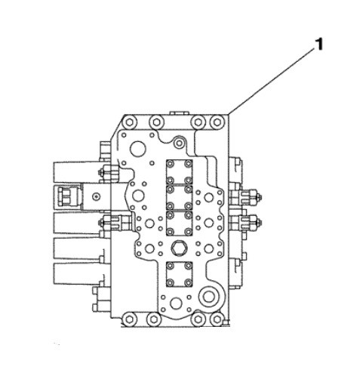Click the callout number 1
pyautogui.click(x=318, y=45)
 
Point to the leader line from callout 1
pyautogui.click(x=272, y=82)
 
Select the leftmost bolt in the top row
pyautogui.click(x=129, y=122)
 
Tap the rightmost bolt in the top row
pyautogui.click(x=217, y=122)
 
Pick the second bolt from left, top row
pyautogui.click(x=156, y=122)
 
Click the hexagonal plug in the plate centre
pyautogui.click(x=179, y=248)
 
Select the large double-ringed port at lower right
pyautogui.click(x=208, y=297)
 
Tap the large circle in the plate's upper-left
pyautogui.click(x=138, y=149)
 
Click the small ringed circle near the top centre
pyautogui.click(x=179, y=143)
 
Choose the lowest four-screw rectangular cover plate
pyautogui.click(x=180, y=274)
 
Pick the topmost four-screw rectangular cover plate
pyautogui.click(x=180, y=172)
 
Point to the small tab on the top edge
pyautogui.click(x=178, y=112)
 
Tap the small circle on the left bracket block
pyautogui.click(x=96, y=196)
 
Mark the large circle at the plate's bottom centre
pyautogui.click(x=176, y=304)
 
